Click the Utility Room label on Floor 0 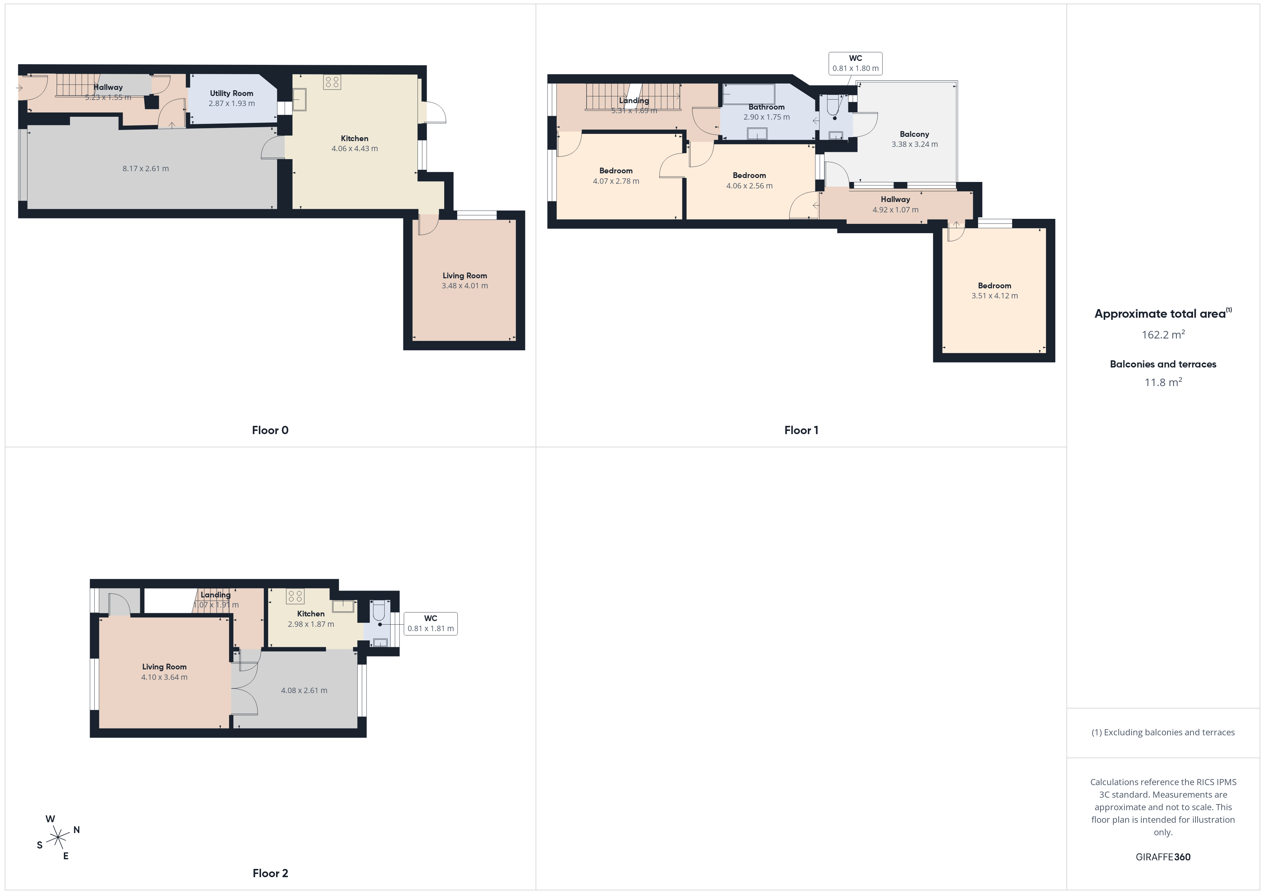click(231, 93)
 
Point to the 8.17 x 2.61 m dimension click(146, 168)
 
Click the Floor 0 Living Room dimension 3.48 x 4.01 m click(464, 286)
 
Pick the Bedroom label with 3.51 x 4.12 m click(995, 286)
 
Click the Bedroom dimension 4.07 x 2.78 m click(616, 181)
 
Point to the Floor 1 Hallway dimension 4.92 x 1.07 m click(895, 210)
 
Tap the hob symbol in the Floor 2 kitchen click(295, 596)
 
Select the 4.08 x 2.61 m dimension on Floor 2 click(304, 690)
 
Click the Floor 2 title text click(270, 873)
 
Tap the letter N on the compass click(77, 830)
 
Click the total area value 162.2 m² click(1163, 334)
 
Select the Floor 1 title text click(801, 431)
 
